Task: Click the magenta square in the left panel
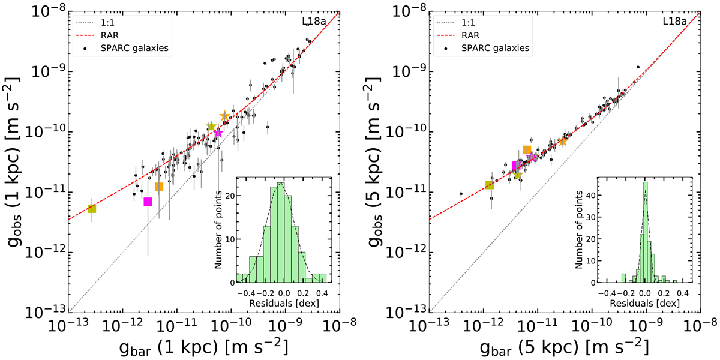tap(148, 202)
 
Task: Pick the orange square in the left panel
tap(159, 187)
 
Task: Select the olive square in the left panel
tap(92, 209)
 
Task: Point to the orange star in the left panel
tap(225, 116)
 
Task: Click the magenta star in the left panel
tap(218, 133)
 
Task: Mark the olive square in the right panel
tap(490, 185)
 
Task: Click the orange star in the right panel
tap(563, 141)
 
